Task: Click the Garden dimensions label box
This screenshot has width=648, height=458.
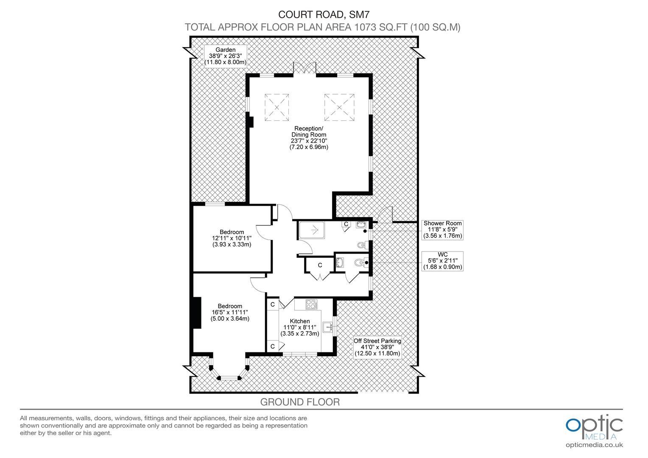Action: tap(225, 56)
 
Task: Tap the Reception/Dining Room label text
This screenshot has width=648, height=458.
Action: tap(309, 138)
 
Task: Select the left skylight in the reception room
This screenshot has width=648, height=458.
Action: tap(277, 107)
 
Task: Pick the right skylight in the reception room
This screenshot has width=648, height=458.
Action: tap(339, 107)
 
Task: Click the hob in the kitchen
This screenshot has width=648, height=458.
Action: tap(311, 304)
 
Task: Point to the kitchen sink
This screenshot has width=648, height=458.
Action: tap(328, 327)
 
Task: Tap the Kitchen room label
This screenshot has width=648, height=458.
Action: tap(300, 327)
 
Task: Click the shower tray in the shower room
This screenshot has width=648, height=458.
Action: tap(312, 230)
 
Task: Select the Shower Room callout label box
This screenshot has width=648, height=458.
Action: tap(442, 230)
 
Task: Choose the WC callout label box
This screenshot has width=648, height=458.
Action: tap(442, 261)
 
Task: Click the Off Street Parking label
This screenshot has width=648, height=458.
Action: tap(377, 347)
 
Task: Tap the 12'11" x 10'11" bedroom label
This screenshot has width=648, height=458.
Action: tap(232, 238)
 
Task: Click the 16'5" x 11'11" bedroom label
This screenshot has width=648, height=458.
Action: tap(230, 313)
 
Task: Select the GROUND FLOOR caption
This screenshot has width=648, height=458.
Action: tap(300, 402)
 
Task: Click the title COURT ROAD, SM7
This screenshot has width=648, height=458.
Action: tap(324, 14)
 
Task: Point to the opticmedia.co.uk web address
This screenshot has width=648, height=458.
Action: tap(594, 445)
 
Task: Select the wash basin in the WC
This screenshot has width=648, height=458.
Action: tap(340, 263)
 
